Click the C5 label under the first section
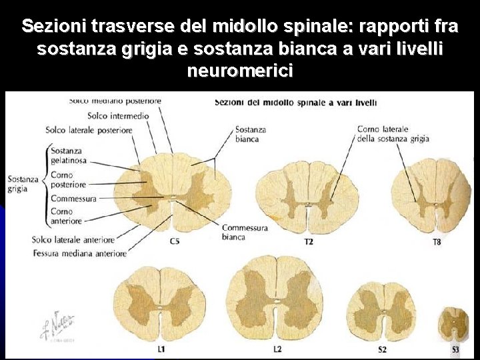174,241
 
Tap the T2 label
309,241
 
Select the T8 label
436,241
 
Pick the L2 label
277,349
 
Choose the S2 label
383,349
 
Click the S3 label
455,349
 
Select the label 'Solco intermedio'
118,115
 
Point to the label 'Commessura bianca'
244,232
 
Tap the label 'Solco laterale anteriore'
73,239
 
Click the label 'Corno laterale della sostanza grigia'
392,134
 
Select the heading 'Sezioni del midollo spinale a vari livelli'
295,103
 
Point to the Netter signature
57,325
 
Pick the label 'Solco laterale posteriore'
88,130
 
